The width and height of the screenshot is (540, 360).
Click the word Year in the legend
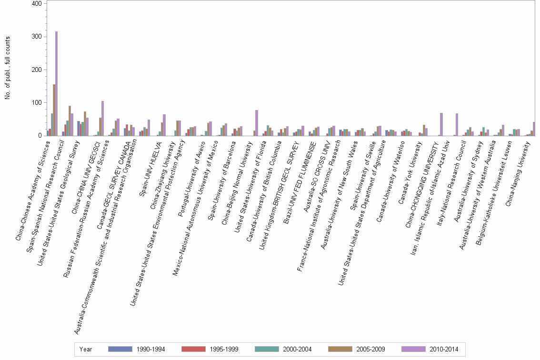pyautogui.click(x=86, y=349)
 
